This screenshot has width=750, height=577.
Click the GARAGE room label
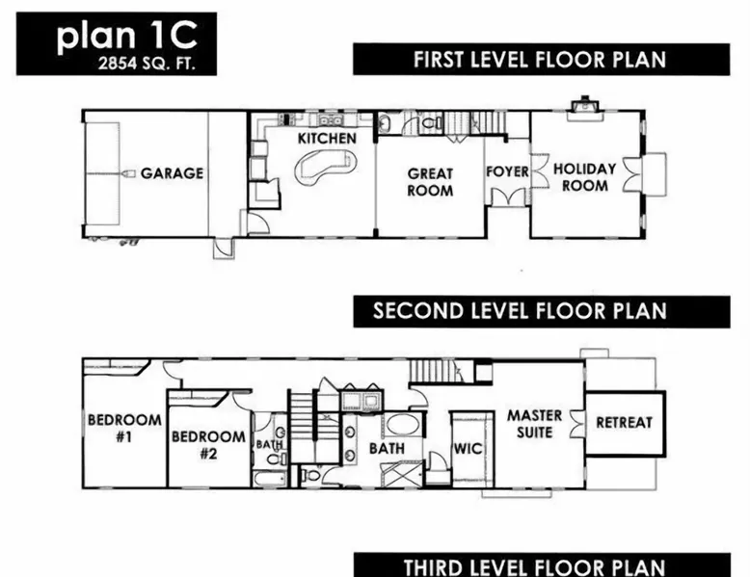172,173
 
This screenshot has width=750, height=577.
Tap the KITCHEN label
327,138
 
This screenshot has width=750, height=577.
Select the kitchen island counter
325,168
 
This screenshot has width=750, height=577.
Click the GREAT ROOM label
430,182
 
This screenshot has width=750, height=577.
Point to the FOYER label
507,171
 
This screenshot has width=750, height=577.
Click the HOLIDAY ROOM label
584,177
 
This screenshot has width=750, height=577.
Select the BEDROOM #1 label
124,428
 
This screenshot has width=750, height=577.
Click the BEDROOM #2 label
208,445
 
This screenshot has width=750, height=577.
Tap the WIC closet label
468,449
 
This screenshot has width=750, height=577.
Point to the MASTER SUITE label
534,424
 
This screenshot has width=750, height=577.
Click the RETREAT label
625,423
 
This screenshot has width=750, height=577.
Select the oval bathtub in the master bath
403,425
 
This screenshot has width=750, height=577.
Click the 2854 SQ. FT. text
147,64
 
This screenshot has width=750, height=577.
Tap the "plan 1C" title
126,36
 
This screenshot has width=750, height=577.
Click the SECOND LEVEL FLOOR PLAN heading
520,311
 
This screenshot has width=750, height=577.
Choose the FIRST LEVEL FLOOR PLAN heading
540,60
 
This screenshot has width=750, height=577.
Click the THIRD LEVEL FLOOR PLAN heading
534,567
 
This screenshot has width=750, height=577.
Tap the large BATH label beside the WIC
387,449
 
